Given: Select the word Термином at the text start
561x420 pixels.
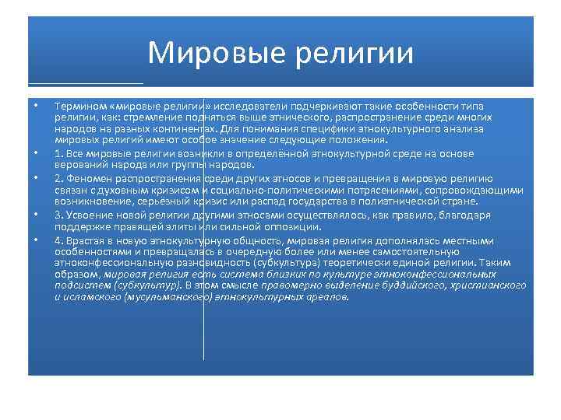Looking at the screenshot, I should pyautogui.click(x=79, y=106).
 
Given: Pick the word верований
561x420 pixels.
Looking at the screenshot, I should pyautogui.click(x=80, y=165).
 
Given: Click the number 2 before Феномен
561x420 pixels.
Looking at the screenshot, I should pyautogui.click(x=58, y=177).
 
